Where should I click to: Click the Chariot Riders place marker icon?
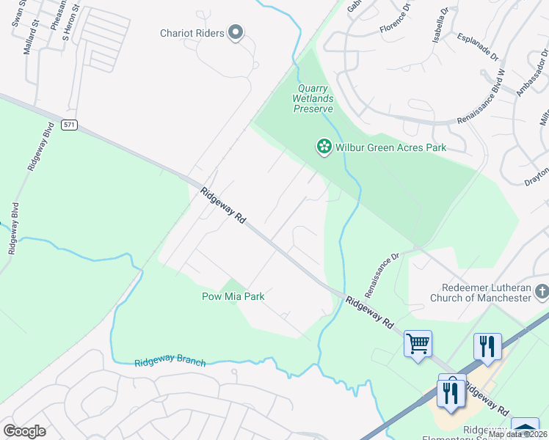236,32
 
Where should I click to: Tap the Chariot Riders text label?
192,32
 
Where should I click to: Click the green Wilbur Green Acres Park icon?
323,147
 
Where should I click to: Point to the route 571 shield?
69,125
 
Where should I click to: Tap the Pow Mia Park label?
233,296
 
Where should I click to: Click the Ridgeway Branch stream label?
170,362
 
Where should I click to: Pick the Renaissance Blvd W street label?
482,96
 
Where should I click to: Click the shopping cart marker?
418,343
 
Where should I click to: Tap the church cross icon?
542,293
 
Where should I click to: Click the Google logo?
24,430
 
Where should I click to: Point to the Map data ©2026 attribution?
517,434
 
